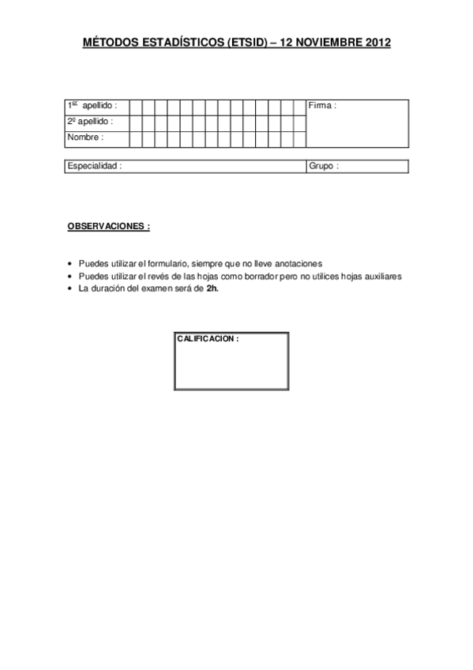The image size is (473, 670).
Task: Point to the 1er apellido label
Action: pyautogui.click(x=92, y=106)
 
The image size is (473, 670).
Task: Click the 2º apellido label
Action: pyautogui.click(x=90, y=122)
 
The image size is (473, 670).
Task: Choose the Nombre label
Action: pyautogui.click(x=85, y=137)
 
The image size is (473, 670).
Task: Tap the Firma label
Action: pyautogui.click(x=322, y=106)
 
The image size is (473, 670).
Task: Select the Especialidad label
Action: pyautogui.click(x=95, y=167)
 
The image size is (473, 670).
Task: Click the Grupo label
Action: pyautogui.click(x=324, y=167)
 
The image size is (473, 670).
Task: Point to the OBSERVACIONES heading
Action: pyautogui.click(x=109, y=226)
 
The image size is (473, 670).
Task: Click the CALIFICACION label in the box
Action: pyautogui.click(x=208, y=338)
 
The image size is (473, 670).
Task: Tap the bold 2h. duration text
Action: pyautogui.click(x=212, y=289)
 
